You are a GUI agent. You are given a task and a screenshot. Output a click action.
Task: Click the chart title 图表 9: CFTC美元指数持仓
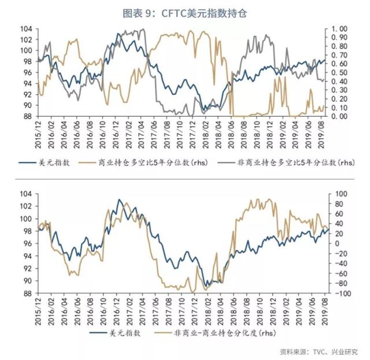pyautogui.click(x=185, y=13)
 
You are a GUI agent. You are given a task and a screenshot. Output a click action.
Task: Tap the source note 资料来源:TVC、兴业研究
pyautogui.click(x=319, y=351)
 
